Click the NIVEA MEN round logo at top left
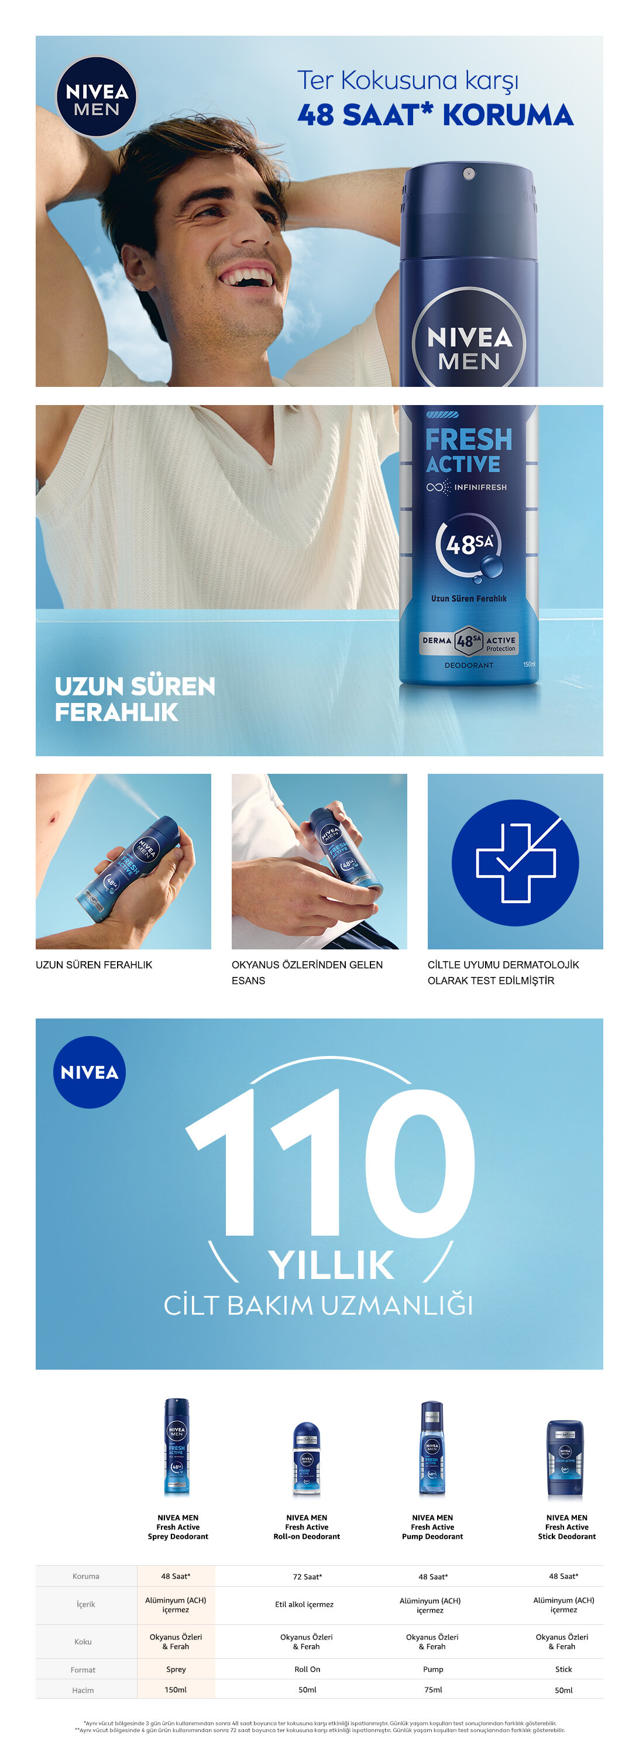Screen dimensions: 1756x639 [96, 97]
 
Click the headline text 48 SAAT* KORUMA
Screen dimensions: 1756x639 [435, 115]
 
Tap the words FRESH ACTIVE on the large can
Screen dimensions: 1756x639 [468, 450]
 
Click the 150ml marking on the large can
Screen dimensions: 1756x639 [528, 664]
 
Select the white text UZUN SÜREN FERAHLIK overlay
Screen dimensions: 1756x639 [135, 699]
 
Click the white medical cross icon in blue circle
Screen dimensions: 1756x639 [515, 862]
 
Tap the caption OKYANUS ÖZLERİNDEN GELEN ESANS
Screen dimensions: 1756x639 [307, 972]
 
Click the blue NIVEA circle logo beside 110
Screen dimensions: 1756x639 [90, 1072]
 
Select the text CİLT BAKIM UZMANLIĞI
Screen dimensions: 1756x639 [318, 1305]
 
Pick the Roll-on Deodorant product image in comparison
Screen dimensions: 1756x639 [307, 1459]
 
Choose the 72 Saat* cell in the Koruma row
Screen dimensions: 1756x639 [307, 1577]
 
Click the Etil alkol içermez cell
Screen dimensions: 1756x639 [304, 1604]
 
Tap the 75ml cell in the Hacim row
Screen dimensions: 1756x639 [433, 1690]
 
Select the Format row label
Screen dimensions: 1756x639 [83, 1669]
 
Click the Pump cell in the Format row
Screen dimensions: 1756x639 [433, 1669]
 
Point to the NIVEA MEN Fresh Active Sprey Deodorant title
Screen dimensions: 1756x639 [178, 1527]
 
